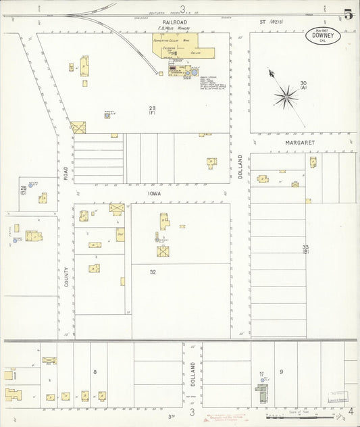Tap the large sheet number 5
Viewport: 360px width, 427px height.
(x=347, y=14)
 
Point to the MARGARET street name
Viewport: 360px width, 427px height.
(x=300, y=143)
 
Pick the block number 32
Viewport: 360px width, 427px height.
(x=153, y=272)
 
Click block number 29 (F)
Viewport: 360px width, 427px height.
(x=153, y=110)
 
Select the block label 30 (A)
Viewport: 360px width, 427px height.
(x=303, y=85)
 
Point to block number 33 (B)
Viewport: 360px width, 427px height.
(x=305, y=249)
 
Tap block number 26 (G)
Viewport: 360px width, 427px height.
(x=23, y=189)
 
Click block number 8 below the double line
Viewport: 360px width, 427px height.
(x=95, y=372)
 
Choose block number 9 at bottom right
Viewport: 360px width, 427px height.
(x=281, y=372)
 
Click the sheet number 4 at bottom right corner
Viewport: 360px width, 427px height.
(x=350, y=410)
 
